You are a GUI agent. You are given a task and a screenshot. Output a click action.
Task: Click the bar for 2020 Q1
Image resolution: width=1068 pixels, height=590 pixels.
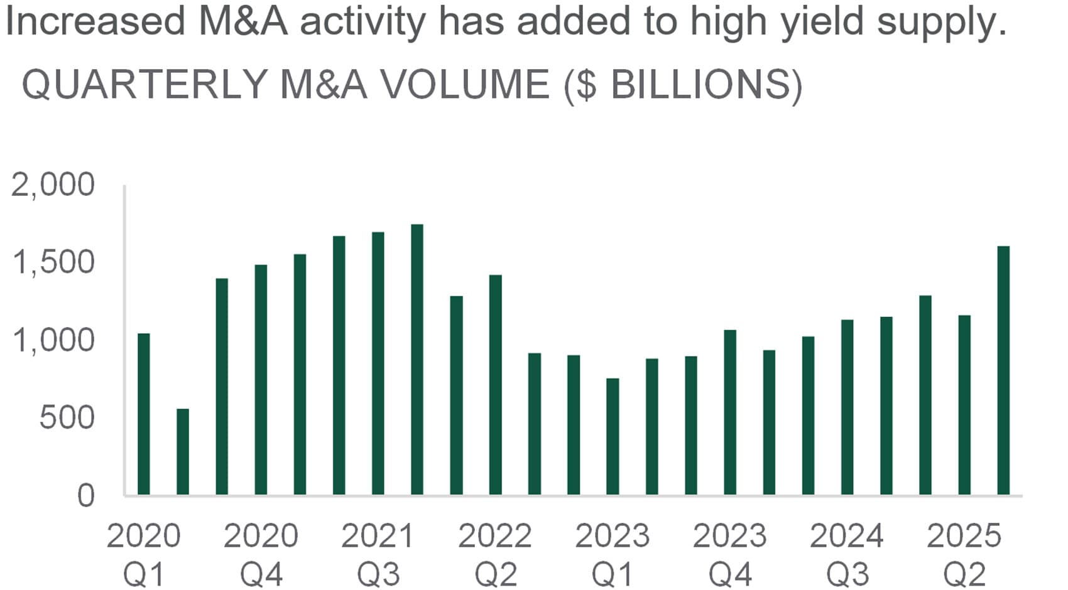click(143, 414)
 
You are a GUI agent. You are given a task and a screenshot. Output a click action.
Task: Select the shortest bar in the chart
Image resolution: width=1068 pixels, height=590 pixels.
click(183, 452)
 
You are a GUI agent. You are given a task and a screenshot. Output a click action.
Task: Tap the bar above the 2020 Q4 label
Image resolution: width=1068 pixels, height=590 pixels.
click(261, 380)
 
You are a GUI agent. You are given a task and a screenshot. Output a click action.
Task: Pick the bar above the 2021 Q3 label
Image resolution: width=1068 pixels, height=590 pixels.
click(378, 364)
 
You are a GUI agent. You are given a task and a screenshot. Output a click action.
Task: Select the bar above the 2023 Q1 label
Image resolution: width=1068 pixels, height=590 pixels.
click(613, 437)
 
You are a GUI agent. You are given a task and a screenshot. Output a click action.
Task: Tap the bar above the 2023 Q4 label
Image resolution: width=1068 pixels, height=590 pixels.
click(730, 412)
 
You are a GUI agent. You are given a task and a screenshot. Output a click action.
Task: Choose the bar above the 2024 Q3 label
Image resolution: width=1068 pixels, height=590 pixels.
click(847, 407)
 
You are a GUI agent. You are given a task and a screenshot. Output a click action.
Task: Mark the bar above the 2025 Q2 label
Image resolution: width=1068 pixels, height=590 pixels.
click(964, 405)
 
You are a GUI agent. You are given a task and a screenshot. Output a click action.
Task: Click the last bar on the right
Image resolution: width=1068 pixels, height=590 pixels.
click(1003, 370)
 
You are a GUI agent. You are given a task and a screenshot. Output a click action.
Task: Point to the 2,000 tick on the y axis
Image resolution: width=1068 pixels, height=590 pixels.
click(53, 185)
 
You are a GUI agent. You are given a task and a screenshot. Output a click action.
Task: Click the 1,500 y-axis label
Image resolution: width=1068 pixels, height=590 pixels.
click(53, 263)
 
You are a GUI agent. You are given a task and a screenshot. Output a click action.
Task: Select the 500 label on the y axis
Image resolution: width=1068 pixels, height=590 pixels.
click(67, 417)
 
